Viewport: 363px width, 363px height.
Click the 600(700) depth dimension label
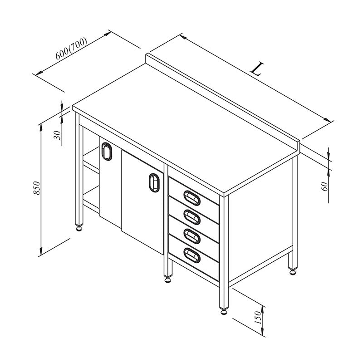coord(71,48)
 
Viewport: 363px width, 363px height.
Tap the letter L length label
coord(257,69)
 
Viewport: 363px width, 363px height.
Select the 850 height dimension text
coord(37,188)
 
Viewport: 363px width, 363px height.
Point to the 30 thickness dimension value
coord(57,135)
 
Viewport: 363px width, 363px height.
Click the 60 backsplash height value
coord(324,186)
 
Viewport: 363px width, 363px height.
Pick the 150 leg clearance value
coord(257,317)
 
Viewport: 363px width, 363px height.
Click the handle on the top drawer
coord(192,198)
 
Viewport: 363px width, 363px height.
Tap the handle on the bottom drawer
coord(192,255)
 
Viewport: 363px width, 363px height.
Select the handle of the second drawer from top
coord(192,217)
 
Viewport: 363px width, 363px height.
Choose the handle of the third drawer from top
coord(192,236)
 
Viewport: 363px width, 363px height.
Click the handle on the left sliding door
coord(107,152)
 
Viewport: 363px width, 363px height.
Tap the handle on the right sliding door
coord(154,183)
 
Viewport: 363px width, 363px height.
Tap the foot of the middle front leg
coord(167,280)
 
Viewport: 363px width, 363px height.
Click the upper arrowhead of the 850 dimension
coord(41,127)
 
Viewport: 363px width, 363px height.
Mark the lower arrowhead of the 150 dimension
coord(263,331)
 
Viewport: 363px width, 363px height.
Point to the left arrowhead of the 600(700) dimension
coord(39,73)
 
